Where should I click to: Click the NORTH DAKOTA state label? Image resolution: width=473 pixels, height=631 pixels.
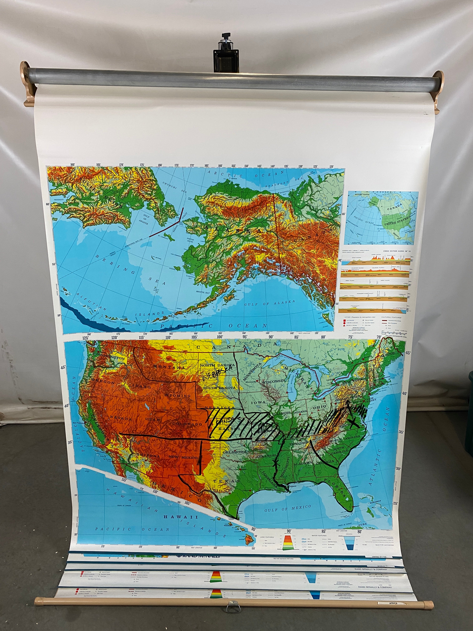coord(217,365)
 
